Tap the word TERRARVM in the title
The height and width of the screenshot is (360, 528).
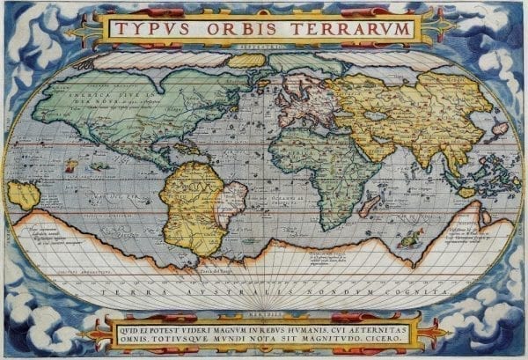(348, 28)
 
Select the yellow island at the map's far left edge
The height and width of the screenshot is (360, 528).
(23, 195)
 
